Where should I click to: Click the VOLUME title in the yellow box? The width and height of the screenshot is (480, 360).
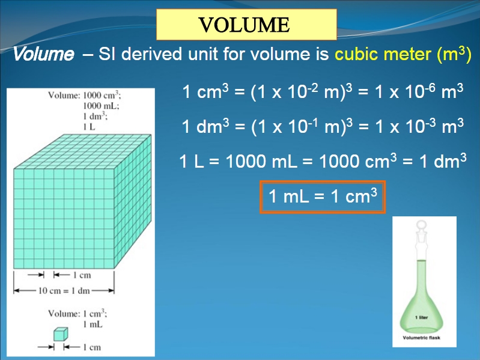point(244,25)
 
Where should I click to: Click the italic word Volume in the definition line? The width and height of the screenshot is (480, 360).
point(43,54)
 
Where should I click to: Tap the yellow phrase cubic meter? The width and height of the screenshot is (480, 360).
point(383,54)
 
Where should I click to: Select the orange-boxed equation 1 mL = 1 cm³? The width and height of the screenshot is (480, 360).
point(323,196)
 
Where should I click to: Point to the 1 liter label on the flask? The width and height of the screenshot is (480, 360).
point(422,317)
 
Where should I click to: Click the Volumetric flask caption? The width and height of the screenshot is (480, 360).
point(422,338)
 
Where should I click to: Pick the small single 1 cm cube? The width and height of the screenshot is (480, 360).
point(61,334)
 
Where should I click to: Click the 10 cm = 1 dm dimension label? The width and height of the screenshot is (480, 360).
point(64,290)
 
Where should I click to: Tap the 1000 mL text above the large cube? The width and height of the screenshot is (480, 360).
point(101,106)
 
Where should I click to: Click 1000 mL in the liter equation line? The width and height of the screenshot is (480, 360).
point(261,161)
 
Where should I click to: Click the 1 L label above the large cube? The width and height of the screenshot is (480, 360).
point(89,127)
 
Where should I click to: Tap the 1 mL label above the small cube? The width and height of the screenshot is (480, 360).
point(93,324)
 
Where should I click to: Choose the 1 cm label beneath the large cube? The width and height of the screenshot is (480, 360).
point(82,275)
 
